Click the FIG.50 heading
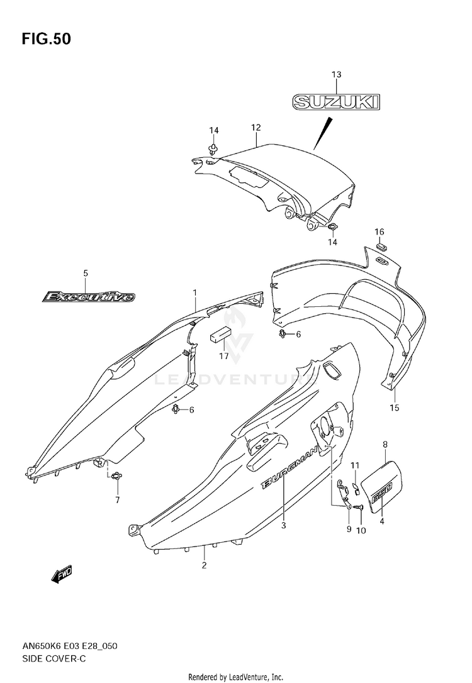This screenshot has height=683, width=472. [46, 39]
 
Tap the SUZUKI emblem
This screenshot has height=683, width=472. [336, 102]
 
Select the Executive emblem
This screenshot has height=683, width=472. [89, 297]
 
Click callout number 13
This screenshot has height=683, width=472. [336, 74]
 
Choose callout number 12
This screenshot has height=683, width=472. [256, 127]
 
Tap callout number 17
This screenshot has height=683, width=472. [223, 356]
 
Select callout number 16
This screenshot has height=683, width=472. [379, 231]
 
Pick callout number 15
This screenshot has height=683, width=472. [395, 408]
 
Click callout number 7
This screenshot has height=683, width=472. [117, 500]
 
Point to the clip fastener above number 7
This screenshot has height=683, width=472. [116, 476]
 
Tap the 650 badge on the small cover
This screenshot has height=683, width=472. [382, 491]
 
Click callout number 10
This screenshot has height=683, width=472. [361, 531]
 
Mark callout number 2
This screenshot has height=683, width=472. [203, 565]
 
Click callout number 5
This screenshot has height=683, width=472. [86, 273]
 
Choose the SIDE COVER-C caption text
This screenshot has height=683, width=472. [54, 658]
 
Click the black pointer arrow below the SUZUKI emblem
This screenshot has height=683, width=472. [322, 133]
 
